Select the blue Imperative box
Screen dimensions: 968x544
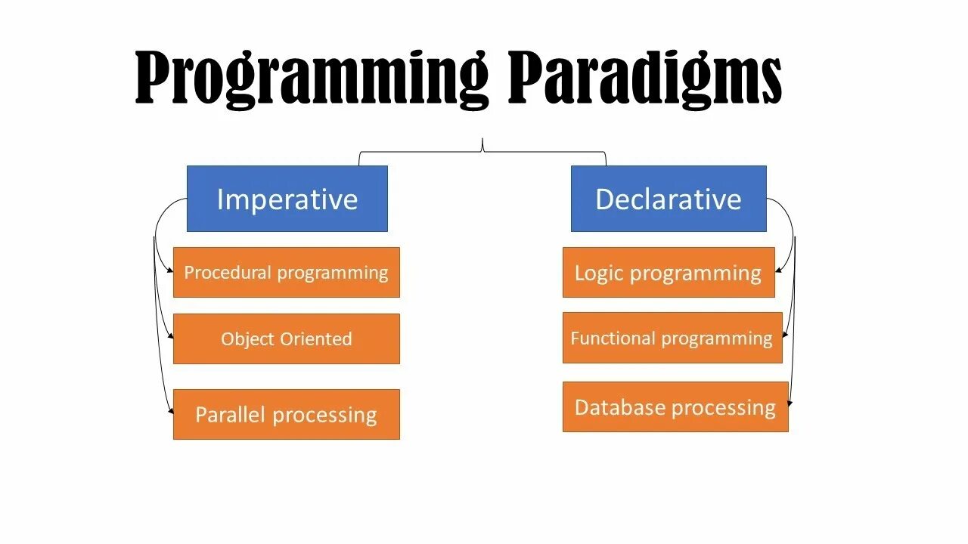pyautogui.click(x=287, y=199)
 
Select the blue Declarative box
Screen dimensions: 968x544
pyautogui.click(x=669, y=199)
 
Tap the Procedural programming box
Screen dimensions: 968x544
pyautogui.click(x=287, y=273)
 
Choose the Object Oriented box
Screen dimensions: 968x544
pyautogui.click(x=287, y=339)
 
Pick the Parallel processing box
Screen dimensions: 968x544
pyautogui.click(x=287, y=415)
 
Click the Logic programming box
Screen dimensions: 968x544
pyautogui.click(x=669, y=273)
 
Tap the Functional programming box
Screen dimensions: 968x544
pyautogui.click(x=672, y=338)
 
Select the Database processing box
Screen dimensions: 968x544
pyautogui.click(x=675, y=406)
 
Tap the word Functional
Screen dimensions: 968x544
pyautogui.click(x=613, y=338)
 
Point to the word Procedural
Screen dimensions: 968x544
pyautogui.click(x=228, y=273)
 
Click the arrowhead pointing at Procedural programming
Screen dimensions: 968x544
pyautogui.click(x=170, y=270)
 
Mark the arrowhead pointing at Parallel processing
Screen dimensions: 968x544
pyautogui.click(x=171, y=412)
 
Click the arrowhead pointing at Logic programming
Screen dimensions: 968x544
pyautogui.click(x=778, y=270)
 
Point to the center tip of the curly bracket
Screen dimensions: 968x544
pyautogui.click(x=482, y=139)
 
